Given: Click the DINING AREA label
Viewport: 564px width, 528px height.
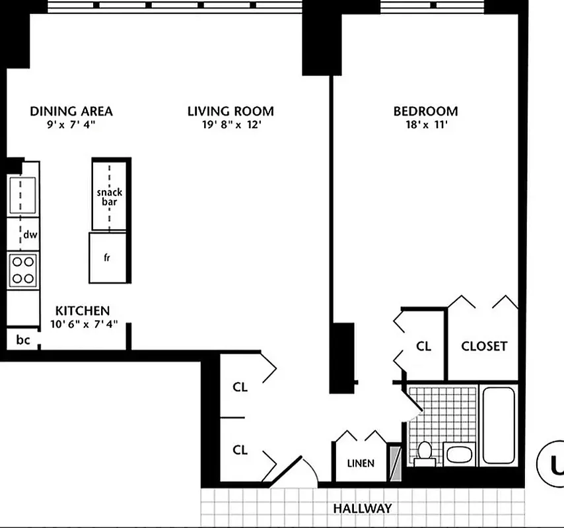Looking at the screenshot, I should (71, 111).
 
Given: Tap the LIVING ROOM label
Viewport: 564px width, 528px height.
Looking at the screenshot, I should (230, 111).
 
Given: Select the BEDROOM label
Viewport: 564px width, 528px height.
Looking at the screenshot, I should (425, 111).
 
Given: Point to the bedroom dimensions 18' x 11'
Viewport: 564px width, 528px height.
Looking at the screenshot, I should (425, 125).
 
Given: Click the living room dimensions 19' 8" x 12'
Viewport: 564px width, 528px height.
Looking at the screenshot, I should (230, 125).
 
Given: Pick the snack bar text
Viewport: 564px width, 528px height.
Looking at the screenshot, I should (110, 197).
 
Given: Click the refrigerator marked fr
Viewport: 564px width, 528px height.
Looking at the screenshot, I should (108, 257).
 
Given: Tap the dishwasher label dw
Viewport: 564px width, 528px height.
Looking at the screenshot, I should (29, 235).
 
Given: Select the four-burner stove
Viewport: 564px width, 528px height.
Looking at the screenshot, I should (22, 269).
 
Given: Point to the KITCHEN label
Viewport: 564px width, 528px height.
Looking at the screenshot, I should (82, 310).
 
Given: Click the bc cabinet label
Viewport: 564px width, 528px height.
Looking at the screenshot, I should (23, 341).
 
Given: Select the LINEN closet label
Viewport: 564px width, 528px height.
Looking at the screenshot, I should (361, 463).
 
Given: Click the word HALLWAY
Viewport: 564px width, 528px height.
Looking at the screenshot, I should (362, 509).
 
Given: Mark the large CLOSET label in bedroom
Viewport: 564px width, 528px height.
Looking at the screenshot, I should (484, 346).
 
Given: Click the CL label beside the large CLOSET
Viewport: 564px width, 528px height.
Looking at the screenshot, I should (423, 346).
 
